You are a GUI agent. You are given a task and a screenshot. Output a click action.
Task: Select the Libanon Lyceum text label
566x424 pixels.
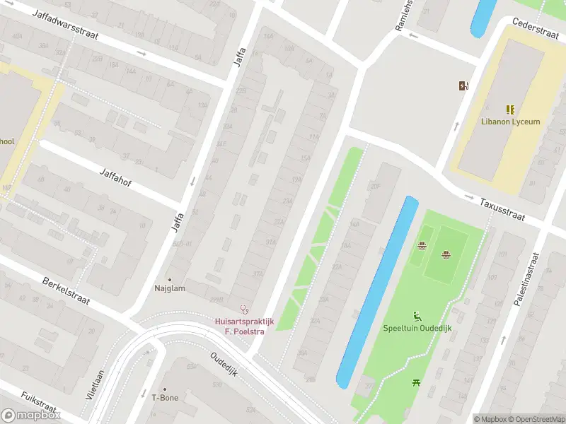coord(509,122)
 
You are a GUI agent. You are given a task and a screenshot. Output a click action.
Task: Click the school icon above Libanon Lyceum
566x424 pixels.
coord(509,110)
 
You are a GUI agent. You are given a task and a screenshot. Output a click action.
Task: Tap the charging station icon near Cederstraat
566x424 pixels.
coord(463,86)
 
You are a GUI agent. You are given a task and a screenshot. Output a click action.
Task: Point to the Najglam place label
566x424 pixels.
coord(169,288)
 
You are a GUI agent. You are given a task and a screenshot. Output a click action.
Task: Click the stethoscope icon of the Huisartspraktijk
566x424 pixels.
coord(245,309)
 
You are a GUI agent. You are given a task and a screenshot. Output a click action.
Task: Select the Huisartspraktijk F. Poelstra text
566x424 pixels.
coord(245,326)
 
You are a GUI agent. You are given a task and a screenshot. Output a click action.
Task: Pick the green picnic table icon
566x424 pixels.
coord(415,382)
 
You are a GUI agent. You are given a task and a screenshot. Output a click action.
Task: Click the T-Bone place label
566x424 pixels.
coord(164,398)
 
